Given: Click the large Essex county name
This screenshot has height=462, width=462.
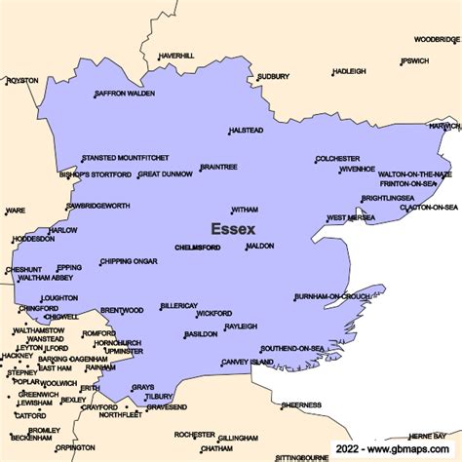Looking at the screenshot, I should click(233, 229).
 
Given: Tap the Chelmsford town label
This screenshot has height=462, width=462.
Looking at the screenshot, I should click(197, 248).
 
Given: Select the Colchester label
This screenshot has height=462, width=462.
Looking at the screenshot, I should click(338, 158).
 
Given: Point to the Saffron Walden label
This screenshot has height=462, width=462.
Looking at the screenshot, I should click(126, 94).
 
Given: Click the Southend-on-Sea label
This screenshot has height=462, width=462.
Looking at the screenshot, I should click(294, 348).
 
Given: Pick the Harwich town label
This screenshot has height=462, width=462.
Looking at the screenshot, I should click(444, 126).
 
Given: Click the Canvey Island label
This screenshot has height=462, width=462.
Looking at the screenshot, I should click(249, 362).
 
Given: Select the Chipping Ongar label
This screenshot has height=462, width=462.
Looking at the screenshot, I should click(129, 261).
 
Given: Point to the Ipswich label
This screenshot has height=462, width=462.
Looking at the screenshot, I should click(414, 60).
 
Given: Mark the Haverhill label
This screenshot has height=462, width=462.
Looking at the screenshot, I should click(176, 56).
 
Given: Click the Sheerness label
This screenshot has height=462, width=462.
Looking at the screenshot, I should click(301, 404).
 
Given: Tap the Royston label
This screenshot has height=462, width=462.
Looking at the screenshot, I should click(23, 80).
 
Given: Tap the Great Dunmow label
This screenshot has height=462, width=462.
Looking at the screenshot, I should click(166, 174).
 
